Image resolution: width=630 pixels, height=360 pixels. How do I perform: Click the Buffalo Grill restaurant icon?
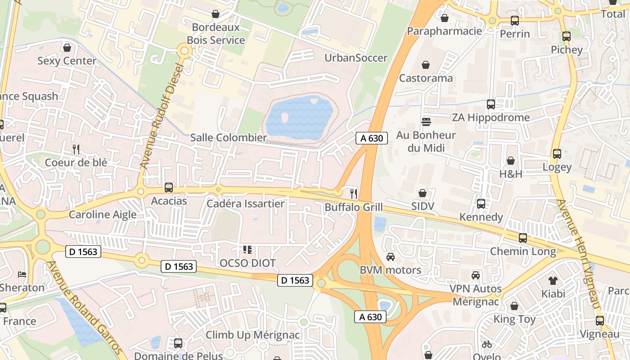(x=354, y=194)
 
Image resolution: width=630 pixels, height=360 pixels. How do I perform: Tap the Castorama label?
(x=426, y=78)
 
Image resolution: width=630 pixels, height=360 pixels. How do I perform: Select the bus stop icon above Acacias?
(x=169, y=188)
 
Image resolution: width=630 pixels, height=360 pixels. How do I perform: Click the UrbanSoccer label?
(x=356, y=58)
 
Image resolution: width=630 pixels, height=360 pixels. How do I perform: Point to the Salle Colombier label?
(x=228, y=138)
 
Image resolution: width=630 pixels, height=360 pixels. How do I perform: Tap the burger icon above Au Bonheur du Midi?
(x=426, y=121)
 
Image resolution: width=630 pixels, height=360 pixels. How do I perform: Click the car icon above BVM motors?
(x=391, y=257)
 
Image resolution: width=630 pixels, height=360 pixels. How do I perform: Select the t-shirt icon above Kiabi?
(x=553, y=281)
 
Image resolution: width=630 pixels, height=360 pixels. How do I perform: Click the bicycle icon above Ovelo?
(x=486, y=345)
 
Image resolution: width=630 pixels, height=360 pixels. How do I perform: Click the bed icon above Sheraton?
(x=22, y=274)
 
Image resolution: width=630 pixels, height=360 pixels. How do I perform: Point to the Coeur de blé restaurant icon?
(x=76, y=149)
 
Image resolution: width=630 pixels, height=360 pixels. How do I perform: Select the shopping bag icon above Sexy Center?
(x=67, y=47)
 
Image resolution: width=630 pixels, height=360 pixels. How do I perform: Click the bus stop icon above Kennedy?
(x=481, y=204)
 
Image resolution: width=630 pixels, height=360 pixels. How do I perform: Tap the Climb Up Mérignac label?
(x=252, y=335)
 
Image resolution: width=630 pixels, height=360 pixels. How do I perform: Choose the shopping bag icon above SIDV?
(x=423, y=193)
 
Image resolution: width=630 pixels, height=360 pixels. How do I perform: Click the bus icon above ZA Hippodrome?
(x=491, y=104)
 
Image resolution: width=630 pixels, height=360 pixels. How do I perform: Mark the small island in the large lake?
(x=284, y=117)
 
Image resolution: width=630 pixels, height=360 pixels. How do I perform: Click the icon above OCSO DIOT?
(x=247, y=249)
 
